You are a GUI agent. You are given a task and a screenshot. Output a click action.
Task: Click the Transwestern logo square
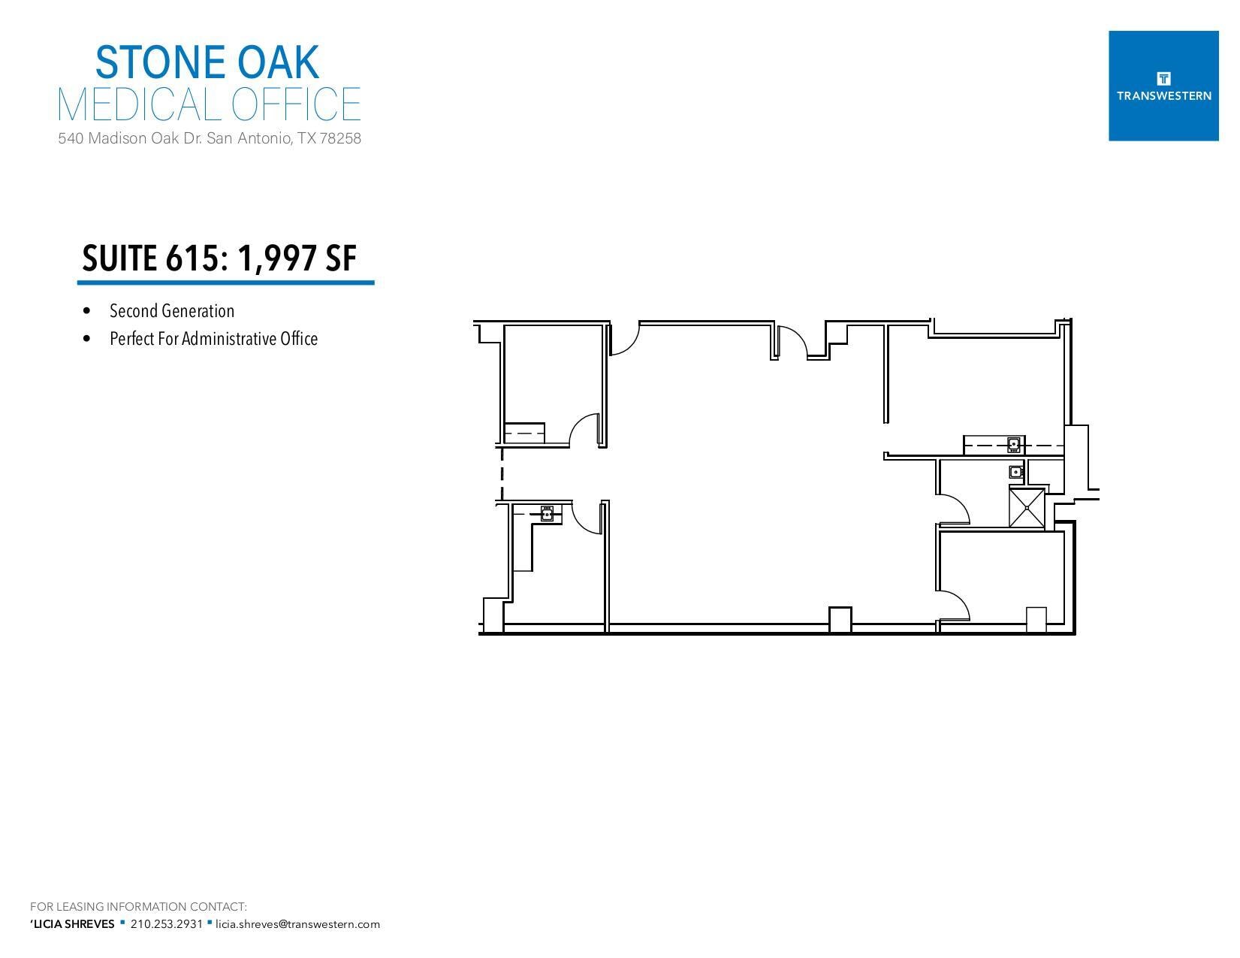tap(1163, 86)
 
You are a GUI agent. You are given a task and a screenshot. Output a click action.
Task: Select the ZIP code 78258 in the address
tap(340, 139)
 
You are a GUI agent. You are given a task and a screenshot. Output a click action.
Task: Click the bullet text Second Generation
tap(172, 311)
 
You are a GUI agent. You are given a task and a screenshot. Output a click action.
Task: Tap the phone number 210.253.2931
tap(166, 924)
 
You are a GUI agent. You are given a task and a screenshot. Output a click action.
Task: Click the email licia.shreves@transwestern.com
tap(297, 924)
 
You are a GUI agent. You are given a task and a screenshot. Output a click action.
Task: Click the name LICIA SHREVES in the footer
tap(74, 924)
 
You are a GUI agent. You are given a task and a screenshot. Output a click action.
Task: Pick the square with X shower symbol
tap(1027, 508)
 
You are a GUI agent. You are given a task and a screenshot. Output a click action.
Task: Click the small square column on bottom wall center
tap(840, 619)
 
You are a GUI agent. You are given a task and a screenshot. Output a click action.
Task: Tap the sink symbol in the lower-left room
tap(548, 514)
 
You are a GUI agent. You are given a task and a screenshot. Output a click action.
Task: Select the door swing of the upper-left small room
tap(584, 431)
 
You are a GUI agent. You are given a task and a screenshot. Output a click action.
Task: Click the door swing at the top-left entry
tap(623, 339)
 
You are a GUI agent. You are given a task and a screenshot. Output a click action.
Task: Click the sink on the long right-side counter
tap(1013, 445)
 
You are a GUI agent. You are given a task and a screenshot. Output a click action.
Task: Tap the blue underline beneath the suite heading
tap(225, 283)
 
